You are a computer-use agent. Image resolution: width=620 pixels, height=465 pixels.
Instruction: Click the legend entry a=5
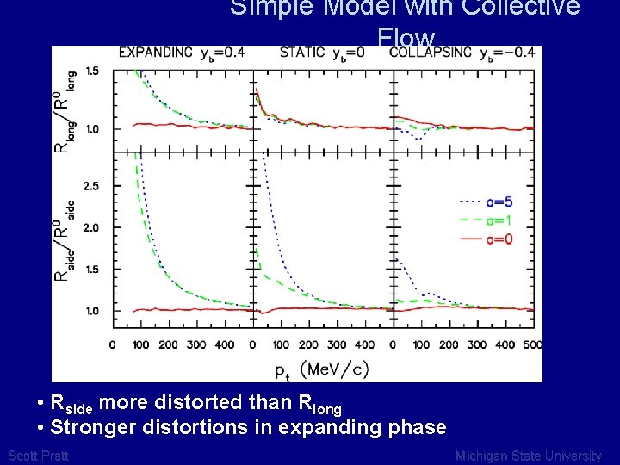(x=499, y=201)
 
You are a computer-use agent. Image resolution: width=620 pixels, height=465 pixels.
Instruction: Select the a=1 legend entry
(x=499, y=220)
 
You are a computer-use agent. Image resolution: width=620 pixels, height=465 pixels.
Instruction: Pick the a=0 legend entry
(x=499, y=239)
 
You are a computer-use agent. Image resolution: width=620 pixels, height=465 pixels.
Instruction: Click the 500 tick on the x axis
(x=532, y=345)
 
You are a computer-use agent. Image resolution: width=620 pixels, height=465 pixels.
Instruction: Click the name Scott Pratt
(x=37, y=456)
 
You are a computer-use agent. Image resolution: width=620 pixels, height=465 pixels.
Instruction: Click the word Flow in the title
(x=406, y=38)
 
